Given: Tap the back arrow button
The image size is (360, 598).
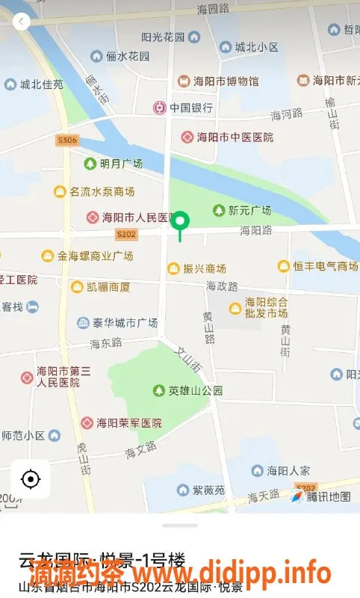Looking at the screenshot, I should (22, 22).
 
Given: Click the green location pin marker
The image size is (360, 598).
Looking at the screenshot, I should (180, 222).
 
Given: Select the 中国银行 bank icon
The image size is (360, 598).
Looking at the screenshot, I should (159, 108).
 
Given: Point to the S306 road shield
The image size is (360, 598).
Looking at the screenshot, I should (66, 141).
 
